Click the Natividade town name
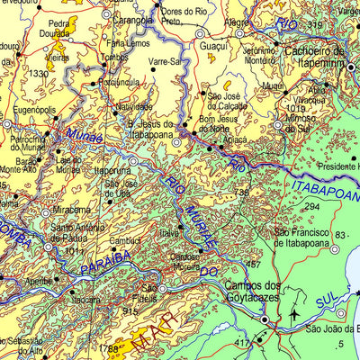[x=134, y=106]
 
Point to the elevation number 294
[x=311, y=207]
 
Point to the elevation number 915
[x=130, y=310]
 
